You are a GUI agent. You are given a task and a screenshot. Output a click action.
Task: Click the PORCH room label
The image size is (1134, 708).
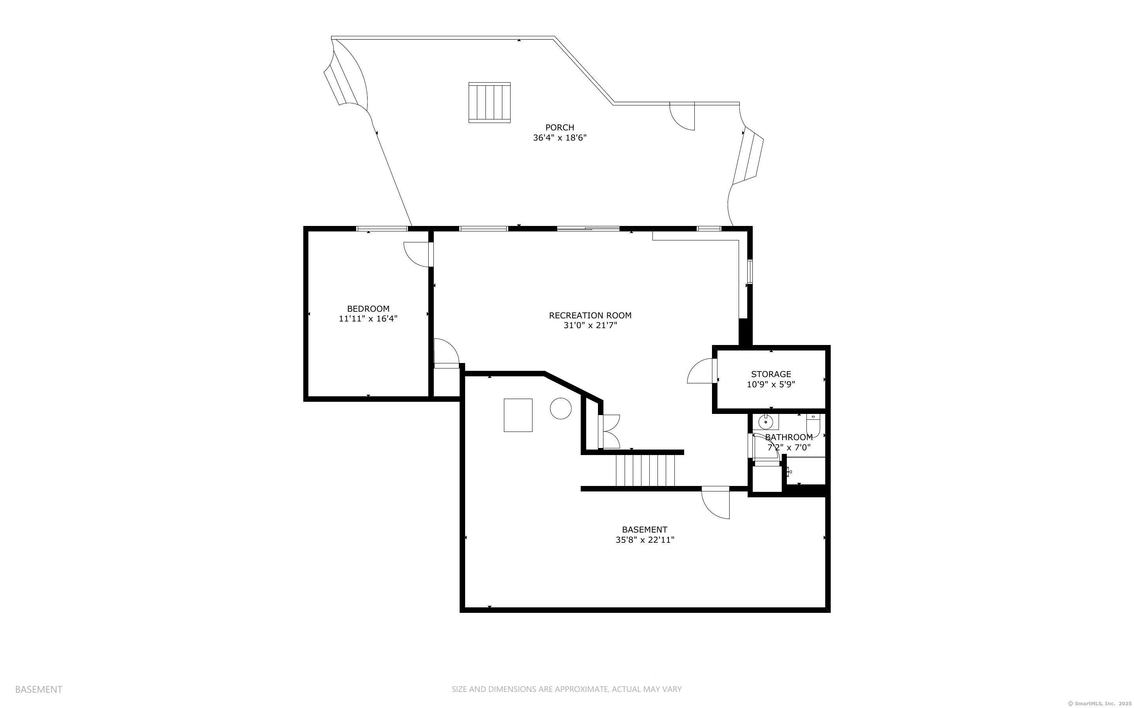click(x=559, y=127)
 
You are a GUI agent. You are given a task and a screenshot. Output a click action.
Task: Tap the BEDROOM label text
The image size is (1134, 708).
click(x=368, y=309)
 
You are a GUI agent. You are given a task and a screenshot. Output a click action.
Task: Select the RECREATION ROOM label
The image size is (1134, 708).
click(x=590, y=316)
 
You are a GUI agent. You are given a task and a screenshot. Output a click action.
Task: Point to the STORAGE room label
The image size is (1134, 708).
click(x=771, y=374)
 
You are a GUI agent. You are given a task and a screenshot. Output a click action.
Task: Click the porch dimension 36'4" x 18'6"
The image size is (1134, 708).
click(x=560, y=138)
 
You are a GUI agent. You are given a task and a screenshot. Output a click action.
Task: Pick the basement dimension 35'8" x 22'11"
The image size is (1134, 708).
click(x=645, y=540)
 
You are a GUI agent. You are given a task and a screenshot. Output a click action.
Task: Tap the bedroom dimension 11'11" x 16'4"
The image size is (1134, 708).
click(x=368, y=319)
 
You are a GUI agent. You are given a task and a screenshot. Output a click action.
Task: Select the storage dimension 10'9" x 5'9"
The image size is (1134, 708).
click(x=771, y=385)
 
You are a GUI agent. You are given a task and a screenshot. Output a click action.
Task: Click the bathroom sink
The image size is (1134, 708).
click(x=765, y=422)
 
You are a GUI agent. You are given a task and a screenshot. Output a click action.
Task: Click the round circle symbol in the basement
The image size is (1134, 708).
click(x=561, y=409)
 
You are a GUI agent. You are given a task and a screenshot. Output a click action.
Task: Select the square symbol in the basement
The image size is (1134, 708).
click(x=518, y=415)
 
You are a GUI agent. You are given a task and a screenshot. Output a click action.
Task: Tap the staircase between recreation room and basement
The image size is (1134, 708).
click(x=645, y=471)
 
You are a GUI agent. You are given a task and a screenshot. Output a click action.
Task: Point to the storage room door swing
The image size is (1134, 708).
click(x=701, y=371)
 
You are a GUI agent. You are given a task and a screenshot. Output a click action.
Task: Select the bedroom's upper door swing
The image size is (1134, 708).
click(x=417, y=254)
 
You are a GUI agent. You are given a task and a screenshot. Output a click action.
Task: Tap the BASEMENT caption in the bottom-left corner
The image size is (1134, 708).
click(x=38, y=689)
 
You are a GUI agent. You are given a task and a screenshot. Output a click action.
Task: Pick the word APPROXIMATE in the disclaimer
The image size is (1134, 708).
click(x=581, y=689)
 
